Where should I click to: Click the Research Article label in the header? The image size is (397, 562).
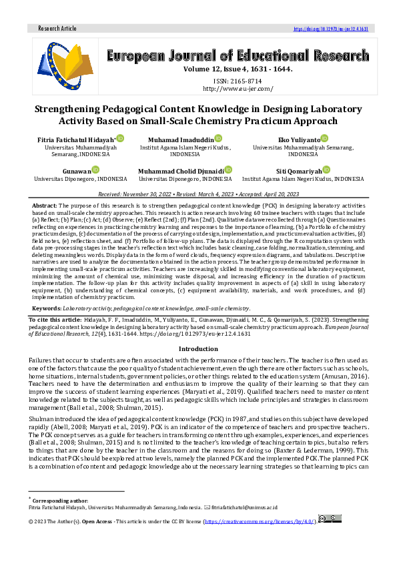coord(58,29)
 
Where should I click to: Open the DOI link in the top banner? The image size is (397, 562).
coord(331,29)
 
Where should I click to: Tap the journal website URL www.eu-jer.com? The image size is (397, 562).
coord(238,89)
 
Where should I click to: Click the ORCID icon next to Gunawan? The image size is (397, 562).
coord(95,171)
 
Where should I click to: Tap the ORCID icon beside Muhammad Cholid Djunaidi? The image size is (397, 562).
coord(228,171)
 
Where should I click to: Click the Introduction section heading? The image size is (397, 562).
coord(198,349)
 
